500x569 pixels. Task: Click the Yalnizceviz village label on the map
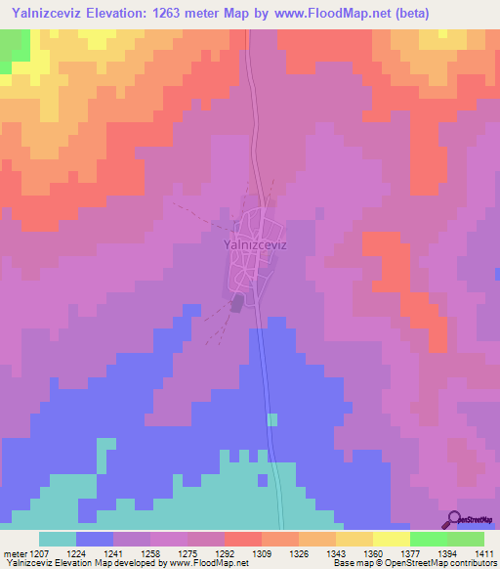point(255,246)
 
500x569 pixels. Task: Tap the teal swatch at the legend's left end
point(58,539)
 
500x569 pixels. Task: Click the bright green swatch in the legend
point(429,539)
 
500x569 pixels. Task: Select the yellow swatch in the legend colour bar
point(392,539)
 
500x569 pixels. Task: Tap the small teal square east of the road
point(271,419)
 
